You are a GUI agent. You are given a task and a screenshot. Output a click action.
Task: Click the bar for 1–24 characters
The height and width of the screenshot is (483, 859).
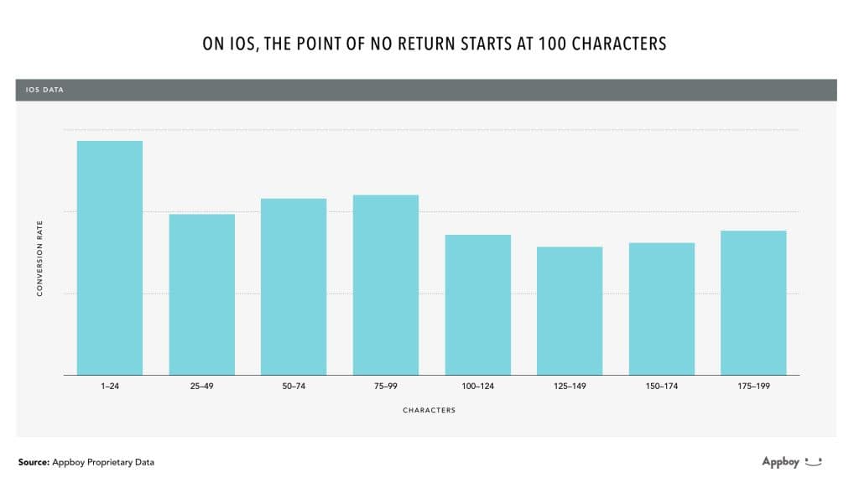pos(110,258)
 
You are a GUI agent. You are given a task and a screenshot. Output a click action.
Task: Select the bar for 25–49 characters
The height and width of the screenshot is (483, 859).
pos(201,294)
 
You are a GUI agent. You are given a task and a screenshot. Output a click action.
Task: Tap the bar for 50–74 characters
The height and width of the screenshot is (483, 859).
pos(294,287)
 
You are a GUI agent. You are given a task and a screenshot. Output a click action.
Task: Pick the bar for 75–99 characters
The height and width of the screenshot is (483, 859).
pos(386,285)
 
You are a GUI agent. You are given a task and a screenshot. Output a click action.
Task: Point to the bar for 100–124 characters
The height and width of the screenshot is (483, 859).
pos(477,305)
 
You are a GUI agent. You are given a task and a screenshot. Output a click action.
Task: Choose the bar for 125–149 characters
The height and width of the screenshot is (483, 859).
pos(570,311)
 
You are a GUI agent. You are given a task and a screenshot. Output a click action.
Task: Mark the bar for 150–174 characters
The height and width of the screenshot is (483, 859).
pos(662,309)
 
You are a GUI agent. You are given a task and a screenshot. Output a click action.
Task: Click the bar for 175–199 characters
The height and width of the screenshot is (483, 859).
pos(753,303)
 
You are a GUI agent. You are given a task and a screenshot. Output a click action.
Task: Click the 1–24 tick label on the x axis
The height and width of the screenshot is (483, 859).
pos(110,387)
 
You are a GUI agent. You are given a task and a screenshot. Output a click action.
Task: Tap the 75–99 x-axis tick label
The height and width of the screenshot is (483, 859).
pos(386,387)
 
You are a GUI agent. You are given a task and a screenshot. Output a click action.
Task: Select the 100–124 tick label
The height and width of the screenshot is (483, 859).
pos(477,387)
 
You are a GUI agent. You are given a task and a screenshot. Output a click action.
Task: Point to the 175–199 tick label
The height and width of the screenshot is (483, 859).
pos(753,387)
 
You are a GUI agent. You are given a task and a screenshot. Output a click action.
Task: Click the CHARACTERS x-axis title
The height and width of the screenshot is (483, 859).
pos(429,410)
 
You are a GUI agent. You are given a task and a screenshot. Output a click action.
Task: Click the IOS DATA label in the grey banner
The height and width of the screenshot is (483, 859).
pos(45,90)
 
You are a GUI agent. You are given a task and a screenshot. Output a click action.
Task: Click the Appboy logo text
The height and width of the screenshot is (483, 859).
pos(779,462)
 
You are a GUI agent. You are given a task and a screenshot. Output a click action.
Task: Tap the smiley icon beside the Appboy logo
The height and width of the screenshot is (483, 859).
pos(813,461)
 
